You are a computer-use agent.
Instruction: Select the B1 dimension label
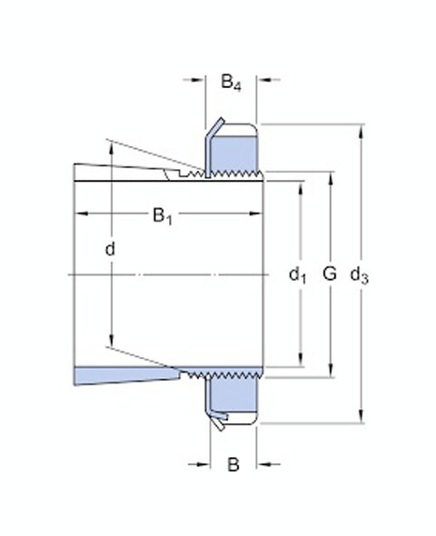point(162,215)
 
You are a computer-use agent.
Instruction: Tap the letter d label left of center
point(110,248)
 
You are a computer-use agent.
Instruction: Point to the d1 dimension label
point(298,273)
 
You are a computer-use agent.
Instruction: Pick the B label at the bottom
point(233,465)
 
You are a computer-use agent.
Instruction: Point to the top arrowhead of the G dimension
point(330,175)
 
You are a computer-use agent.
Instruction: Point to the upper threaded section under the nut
point(232,173)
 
